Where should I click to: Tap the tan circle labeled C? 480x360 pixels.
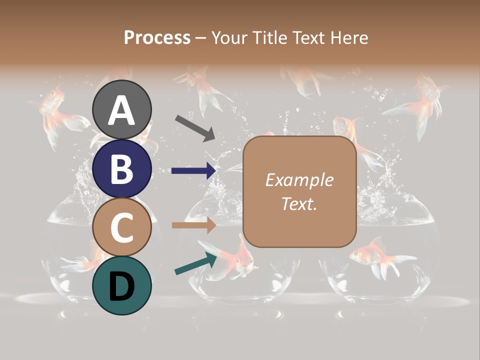122,227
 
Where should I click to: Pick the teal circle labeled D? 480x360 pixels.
122,286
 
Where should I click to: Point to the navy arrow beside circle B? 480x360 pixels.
193,170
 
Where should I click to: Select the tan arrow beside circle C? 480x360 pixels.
193,225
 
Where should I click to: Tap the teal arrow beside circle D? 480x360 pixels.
195,264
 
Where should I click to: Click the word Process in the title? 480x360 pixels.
157,37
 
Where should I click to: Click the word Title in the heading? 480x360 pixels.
270,37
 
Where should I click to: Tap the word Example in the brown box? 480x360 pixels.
299,180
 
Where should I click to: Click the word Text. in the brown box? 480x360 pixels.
299,203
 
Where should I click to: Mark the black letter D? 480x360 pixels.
122,286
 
